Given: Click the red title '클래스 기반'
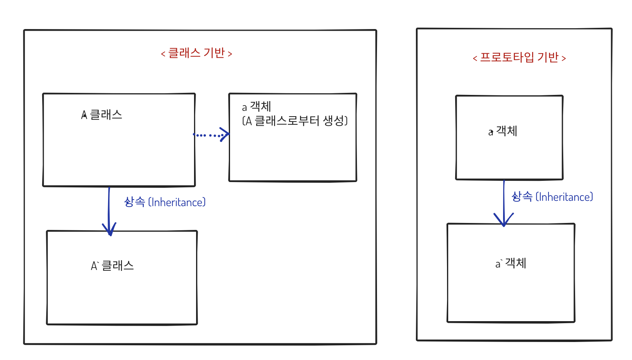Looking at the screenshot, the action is point(196,53).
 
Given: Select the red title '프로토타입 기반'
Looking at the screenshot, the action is point(519,58).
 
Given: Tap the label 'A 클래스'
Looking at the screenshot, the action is point(102,115).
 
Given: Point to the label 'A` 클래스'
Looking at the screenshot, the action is point(112,266).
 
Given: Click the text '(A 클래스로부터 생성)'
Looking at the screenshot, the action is point(295,121).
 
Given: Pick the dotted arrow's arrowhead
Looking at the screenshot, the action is point(225,134).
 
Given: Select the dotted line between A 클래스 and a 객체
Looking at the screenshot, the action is point(207,135).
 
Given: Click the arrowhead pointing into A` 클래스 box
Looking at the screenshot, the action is point(109,229).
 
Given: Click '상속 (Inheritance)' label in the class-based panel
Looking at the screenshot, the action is point(165,202).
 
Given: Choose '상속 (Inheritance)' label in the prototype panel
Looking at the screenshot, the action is point(552,197).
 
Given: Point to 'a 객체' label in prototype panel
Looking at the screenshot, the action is point(503,131).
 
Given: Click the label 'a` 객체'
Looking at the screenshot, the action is point(510,263).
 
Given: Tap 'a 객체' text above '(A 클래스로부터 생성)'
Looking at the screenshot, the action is point(256,107).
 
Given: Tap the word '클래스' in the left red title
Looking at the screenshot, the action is point(184,53).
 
